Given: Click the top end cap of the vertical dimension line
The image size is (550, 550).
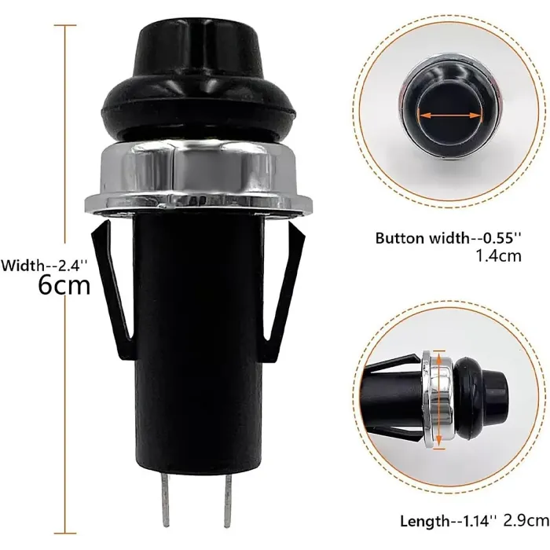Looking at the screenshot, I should (65, 25).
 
